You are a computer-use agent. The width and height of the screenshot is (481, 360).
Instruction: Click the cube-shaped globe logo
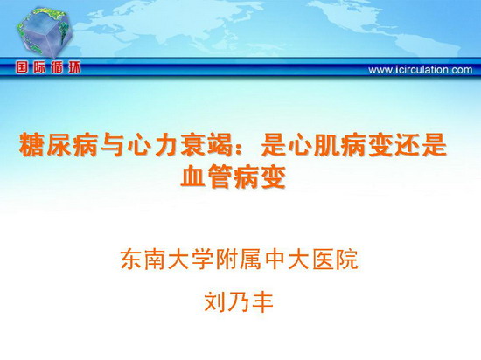point(45,32)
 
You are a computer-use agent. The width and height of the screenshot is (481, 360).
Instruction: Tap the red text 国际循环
point(48,67)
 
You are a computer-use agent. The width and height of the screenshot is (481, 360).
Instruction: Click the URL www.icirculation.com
point(421,70)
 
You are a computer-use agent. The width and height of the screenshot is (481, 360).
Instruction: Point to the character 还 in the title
point(409,145)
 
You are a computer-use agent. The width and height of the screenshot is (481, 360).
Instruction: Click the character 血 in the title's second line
point(192,177)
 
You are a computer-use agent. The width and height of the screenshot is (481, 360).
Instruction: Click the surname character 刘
point(215,301)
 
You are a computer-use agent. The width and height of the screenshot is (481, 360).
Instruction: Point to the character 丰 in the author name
point(262,301)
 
